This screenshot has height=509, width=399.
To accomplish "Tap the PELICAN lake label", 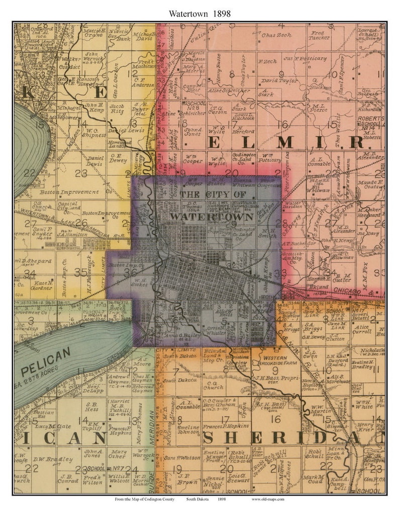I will click(46, 359).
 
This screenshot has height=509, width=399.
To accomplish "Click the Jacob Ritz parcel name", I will click(117, 109).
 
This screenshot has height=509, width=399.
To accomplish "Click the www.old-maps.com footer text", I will click(268, 499).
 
